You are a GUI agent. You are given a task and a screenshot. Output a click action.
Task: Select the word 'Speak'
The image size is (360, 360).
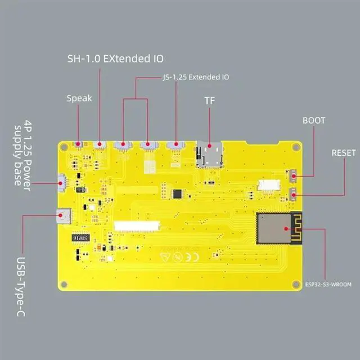tap(79, 98)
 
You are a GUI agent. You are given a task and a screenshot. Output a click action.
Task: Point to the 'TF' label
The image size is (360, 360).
tap(209, 101)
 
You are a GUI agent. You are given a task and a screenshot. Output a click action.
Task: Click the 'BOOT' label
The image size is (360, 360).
tap(314, 120)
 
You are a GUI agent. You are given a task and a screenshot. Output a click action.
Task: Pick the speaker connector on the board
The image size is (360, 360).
tap(79, 145)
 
